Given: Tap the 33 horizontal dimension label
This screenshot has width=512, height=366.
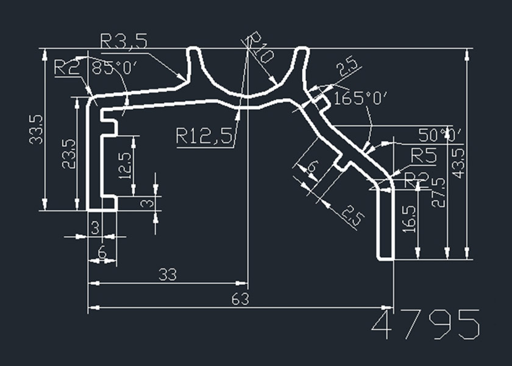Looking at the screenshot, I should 167,275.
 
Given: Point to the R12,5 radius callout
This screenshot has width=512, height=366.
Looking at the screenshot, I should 205,136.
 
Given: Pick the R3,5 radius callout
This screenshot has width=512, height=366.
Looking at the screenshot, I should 124,41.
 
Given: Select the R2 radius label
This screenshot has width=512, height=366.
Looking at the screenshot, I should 68,66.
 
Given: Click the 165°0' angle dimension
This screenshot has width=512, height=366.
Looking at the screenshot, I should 361,98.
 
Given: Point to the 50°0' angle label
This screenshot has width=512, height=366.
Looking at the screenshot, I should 440,134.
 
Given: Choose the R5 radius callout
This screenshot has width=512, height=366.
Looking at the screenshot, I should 424,156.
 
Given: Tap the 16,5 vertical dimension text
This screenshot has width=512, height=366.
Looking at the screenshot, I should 410,218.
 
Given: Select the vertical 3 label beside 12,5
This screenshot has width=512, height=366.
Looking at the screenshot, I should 145,202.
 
